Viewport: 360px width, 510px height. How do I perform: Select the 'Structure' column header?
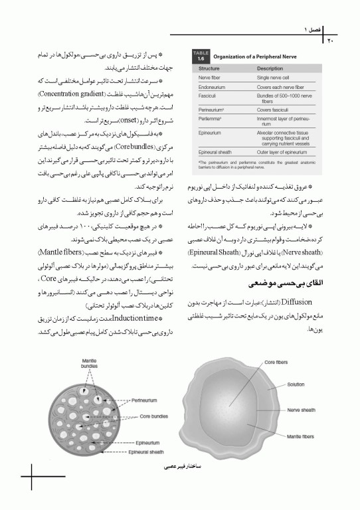[x=209, y=68]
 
